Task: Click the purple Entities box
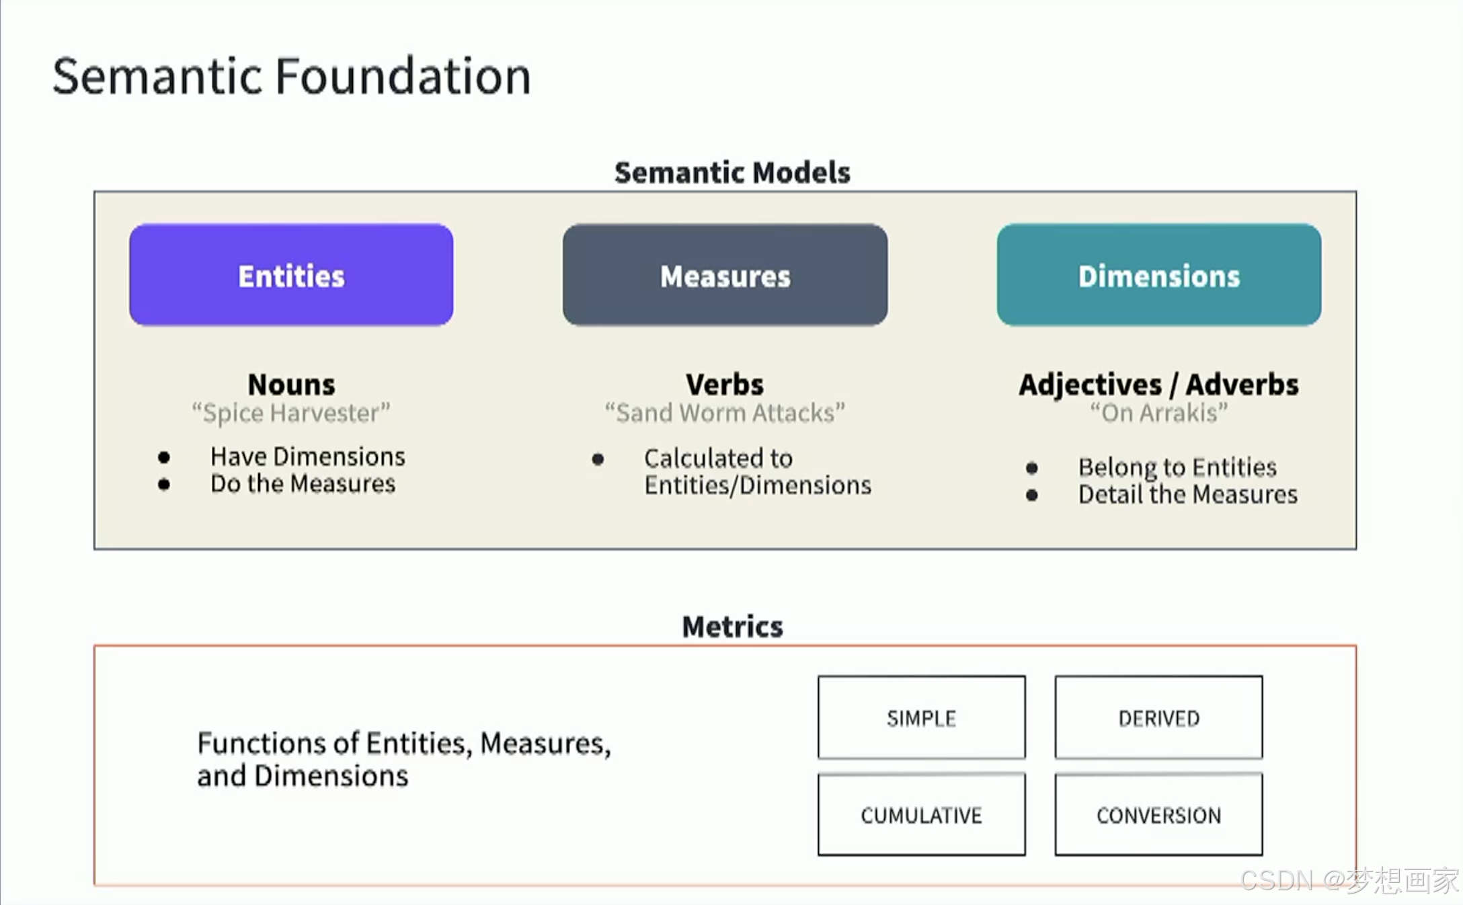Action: click(291, 275)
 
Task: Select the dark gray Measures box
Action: click(725, 275)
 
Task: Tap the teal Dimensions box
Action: click(1159, 275)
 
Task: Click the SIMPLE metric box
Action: click(922, 717)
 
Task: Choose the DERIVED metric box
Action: click(1159, 717)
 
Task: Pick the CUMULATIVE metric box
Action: click(922, 814)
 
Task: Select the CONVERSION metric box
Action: click(1159, 814)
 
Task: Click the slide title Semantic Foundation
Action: click(292, 76)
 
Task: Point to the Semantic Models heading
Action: click(732, 172)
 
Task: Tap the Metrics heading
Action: click(732, 627)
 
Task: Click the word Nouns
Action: click(291, 385)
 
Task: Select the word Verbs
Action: click(725, 385)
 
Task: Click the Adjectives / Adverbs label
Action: click(1158, 385)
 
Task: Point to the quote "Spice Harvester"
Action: click(291, 413)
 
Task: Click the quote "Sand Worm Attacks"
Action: click(725, 413)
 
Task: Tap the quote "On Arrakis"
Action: click(1159, 413)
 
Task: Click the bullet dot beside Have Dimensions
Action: click(164, 458)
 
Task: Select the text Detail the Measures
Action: click(1188, 495)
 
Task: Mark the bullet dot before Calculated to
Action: click(598, 460)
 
